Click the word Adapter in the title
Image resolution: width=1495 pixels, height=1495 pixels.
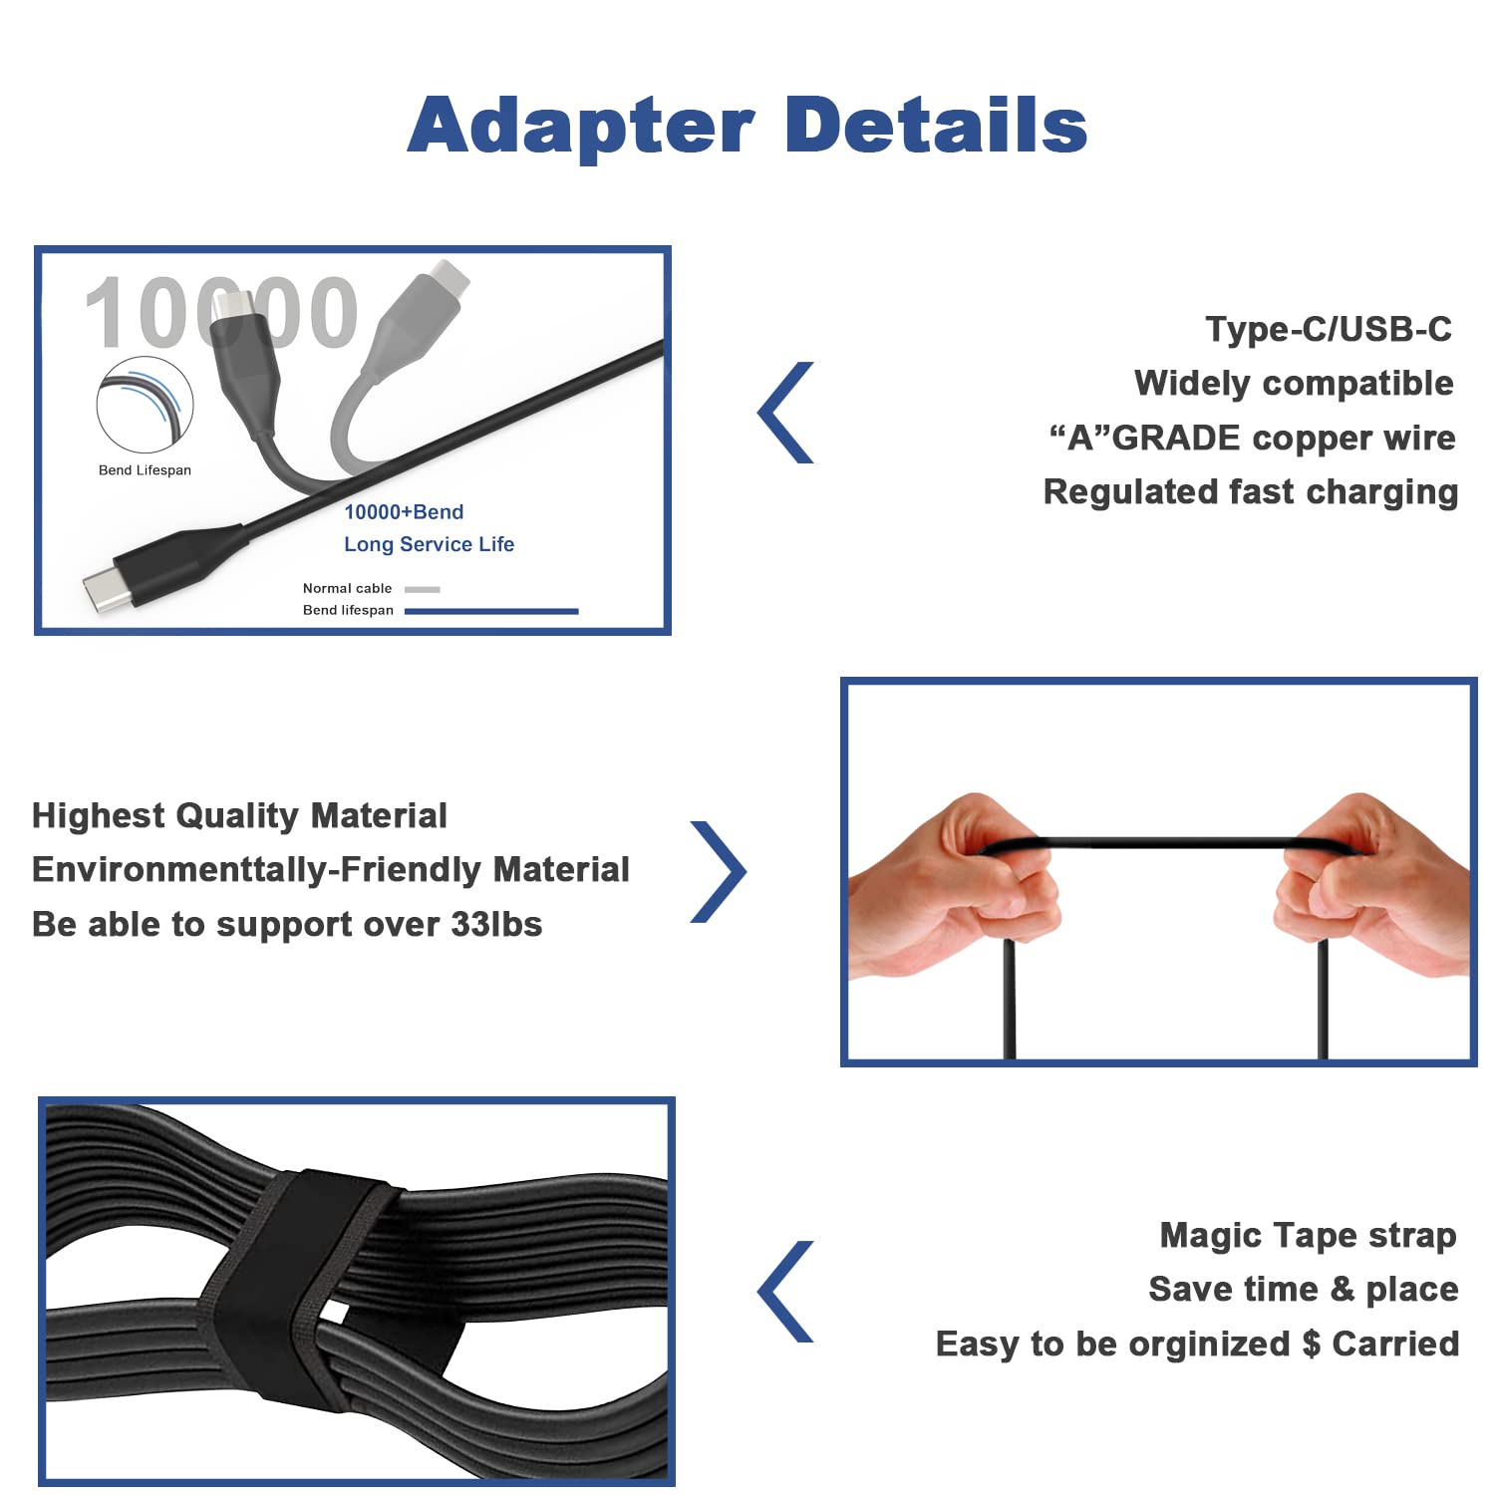581,128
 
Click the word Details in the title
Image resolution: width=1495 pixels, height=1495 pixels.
936,126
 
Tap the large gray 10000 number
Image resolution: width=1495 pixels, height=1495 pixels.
221,313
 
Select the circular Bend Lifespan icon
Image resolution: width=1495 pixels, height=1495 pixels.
145,405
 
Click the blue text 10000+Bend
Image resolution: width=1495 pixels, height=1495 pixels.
404,512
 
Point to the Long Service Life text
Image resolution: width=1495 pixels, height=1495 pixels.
429,544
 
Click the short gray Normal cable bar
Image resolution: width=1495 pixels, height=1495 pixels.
423,589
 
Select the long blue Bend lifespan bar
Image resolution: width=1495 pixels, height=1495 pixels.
491,611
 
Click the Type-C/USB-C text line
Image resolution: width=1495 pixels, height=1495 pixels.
1328,329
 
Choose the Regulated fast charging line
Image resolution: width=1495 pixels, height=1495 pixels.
1250,492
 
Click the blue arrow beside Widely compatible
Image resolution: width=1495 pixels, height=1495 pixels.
787,413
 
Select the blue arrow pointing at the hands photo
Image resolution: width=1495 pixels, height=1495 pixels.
720,871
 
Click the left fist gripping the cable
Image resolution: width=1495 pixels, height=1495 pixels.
957,877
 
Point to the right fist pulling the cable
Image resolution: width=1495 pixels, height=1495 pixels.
1370,877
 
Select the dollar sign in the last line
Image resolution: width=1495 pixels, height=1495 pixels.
1311,1345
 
